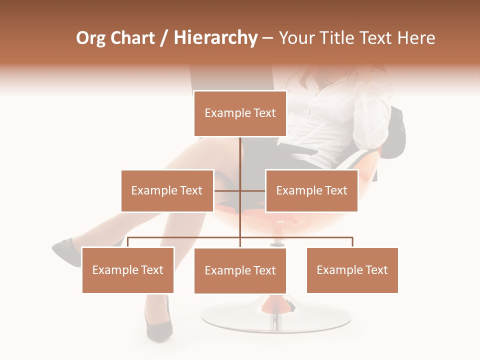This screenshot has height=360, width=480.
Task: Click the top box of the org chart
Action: pyautogui.click(x=240, y=113)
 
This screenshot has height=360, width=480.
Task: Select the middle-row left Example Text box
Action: pyautogui.click(x=167, y=190)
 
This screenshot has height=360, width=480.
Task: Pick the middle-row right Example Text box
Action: pyautogui.click(x=311, y=190)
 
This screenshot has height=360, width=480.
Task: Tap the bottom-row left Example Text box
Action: pyautogui.click(x=128, y=270)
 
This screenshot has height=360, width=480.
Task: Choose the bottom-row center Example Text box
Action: pyautogui.click(x=240, y=270)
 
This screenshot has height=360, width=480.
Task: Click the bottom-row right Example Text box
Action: pyautogui.click(x=352, y=270)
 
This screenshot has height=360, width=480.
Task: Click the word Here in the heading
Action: pyautogui.click(x=416, y=38)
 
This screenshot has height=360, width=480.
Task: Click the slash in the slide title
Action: pyautogui.click(x=164, y=38)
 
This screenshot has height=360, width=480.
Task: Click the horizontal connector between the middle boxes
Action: pyautogui.click(x=227, y=190)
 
